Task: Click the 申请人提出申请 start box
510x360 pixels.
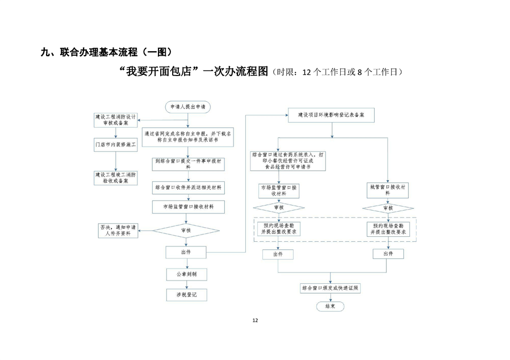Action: pyautogui.click(x=187, y=106)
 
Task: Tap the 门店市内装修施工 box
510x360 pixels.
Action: pyautogui.click(x=116, y=145)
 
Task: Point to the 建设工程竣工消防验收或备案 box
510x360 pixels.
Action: pyautogui.click(x=116, y=178)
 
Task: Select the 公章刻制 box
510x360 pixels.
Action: pyautogui.click(x=186, y=274)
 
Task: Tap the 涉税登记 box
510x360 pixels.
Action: pyautogui.click(x=186, y=295)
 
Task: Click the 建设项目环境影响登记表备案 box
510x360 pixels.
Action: pyautogui.click(x=331, y=115)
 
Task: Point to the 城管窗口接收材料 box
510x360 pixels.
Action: pyautogui.click(x=387, y=189)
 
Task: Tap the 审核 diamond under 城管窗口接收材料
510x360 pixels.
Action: pyautogui.click(x=387, y=208)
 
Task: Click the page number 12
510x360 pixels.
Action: pyautogui.click(x=255, y=321)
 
